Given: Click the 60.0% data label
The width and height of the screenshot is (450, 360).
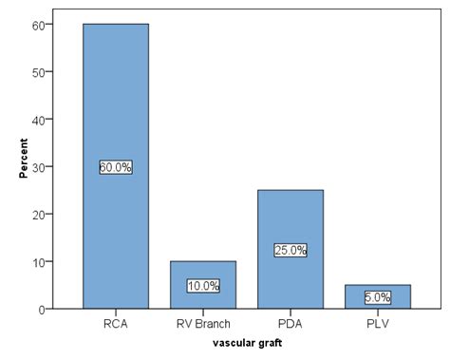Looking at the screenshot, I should [115, 167].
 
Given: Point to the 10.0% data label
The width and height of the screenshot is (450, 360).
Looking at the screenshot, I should [202, 286].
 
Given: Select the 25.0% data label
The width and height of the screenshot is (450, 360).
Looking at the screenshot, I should [290, 250].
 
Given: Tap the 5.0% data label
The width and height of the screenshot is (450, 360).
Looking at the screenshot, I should [377, 297].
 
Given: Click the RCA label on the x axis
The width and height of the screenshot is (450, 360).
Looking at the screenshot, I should [115, 325].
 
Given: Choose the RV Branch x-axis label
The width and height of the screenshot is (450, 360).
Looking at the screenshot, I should [202, 325].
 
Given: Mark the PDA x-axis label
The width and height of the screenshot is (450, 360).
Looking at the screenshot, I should [290, 325].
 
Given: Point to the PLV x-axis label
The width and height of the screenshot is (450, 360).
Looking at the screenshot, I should [377, 325].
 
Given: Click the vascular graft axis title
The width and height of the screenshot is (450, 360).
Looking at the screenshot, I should [246, 344].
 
